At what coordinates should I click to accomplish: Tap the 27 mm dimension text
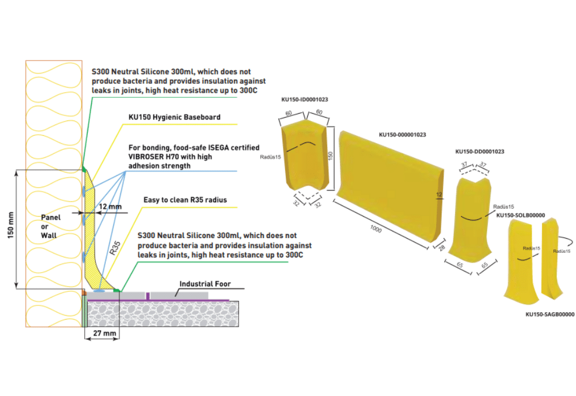[x=101, y=334]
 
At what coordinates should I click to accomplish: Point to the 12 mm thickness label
[x=110, y=207]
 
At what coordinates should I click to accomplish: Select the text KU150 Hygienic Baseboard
[x=174, y=118]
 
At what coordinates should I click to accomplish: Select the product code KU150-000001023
[x=402, y=135]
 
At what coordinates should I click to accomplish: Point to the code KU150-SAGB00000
[x=550, y=314]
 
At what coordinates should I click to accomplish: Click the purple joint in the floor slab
[x=148, y=296]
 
